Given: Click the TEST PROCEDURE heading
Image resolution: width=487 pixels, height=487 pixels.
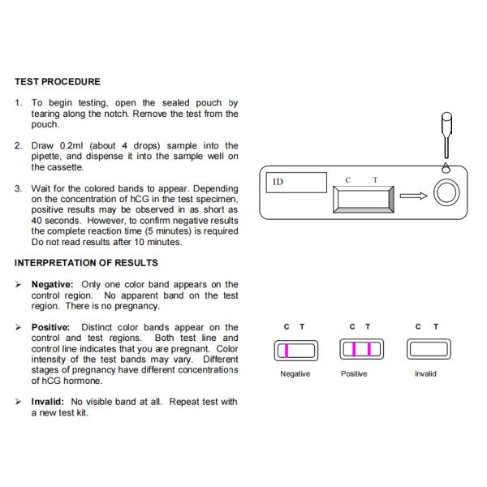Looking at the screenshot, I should click(x=58, y=82).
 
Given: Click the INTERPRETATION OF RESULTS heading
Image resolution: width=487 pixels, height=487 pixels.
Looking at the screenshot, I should click(x=86, y=263).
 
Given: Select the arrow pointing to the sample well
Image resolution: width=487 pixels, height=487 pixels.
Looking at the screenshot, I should click(x=413, y=195).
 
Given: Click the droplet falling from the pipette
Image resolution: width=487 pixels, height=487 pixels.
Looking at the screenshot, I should click(x=445, y=166).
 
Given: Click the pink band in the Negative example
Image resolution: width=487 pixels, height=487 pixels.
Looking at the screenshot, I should click(x=286, y=350).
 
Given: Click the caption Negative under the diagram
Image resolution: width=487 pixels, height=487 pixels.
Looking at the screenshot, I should click(x=295, y=374).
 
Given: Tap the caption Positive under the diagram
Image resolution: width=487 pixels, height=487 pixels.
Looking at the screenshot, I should click(x=354, y=374).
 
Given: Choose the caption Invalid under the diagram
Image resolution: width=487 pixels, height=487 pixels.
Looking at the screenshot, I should click(x=425, y=374).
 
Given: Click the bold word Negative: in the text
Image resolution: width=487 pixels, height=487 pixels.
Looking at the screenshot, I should click(x=52, y=285).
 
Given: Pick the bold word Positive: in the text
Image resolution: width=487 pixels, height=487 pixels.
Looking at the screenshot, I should click(x=50, y=327).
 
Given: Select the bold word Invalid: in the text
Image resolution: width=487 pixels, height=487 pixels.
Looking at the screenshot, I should click(x=48, y=402).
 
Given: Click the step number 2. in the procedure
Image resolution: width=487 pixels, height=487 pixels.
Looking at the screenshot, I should click(x=19, y=145).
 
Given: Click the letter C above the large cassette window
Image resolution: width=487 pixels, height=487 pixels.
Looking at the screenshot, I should click(x=348, y=179).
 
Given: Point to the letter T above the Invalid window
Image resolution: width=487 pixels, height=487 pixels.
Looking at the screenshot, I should click(x=436, y=327).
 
